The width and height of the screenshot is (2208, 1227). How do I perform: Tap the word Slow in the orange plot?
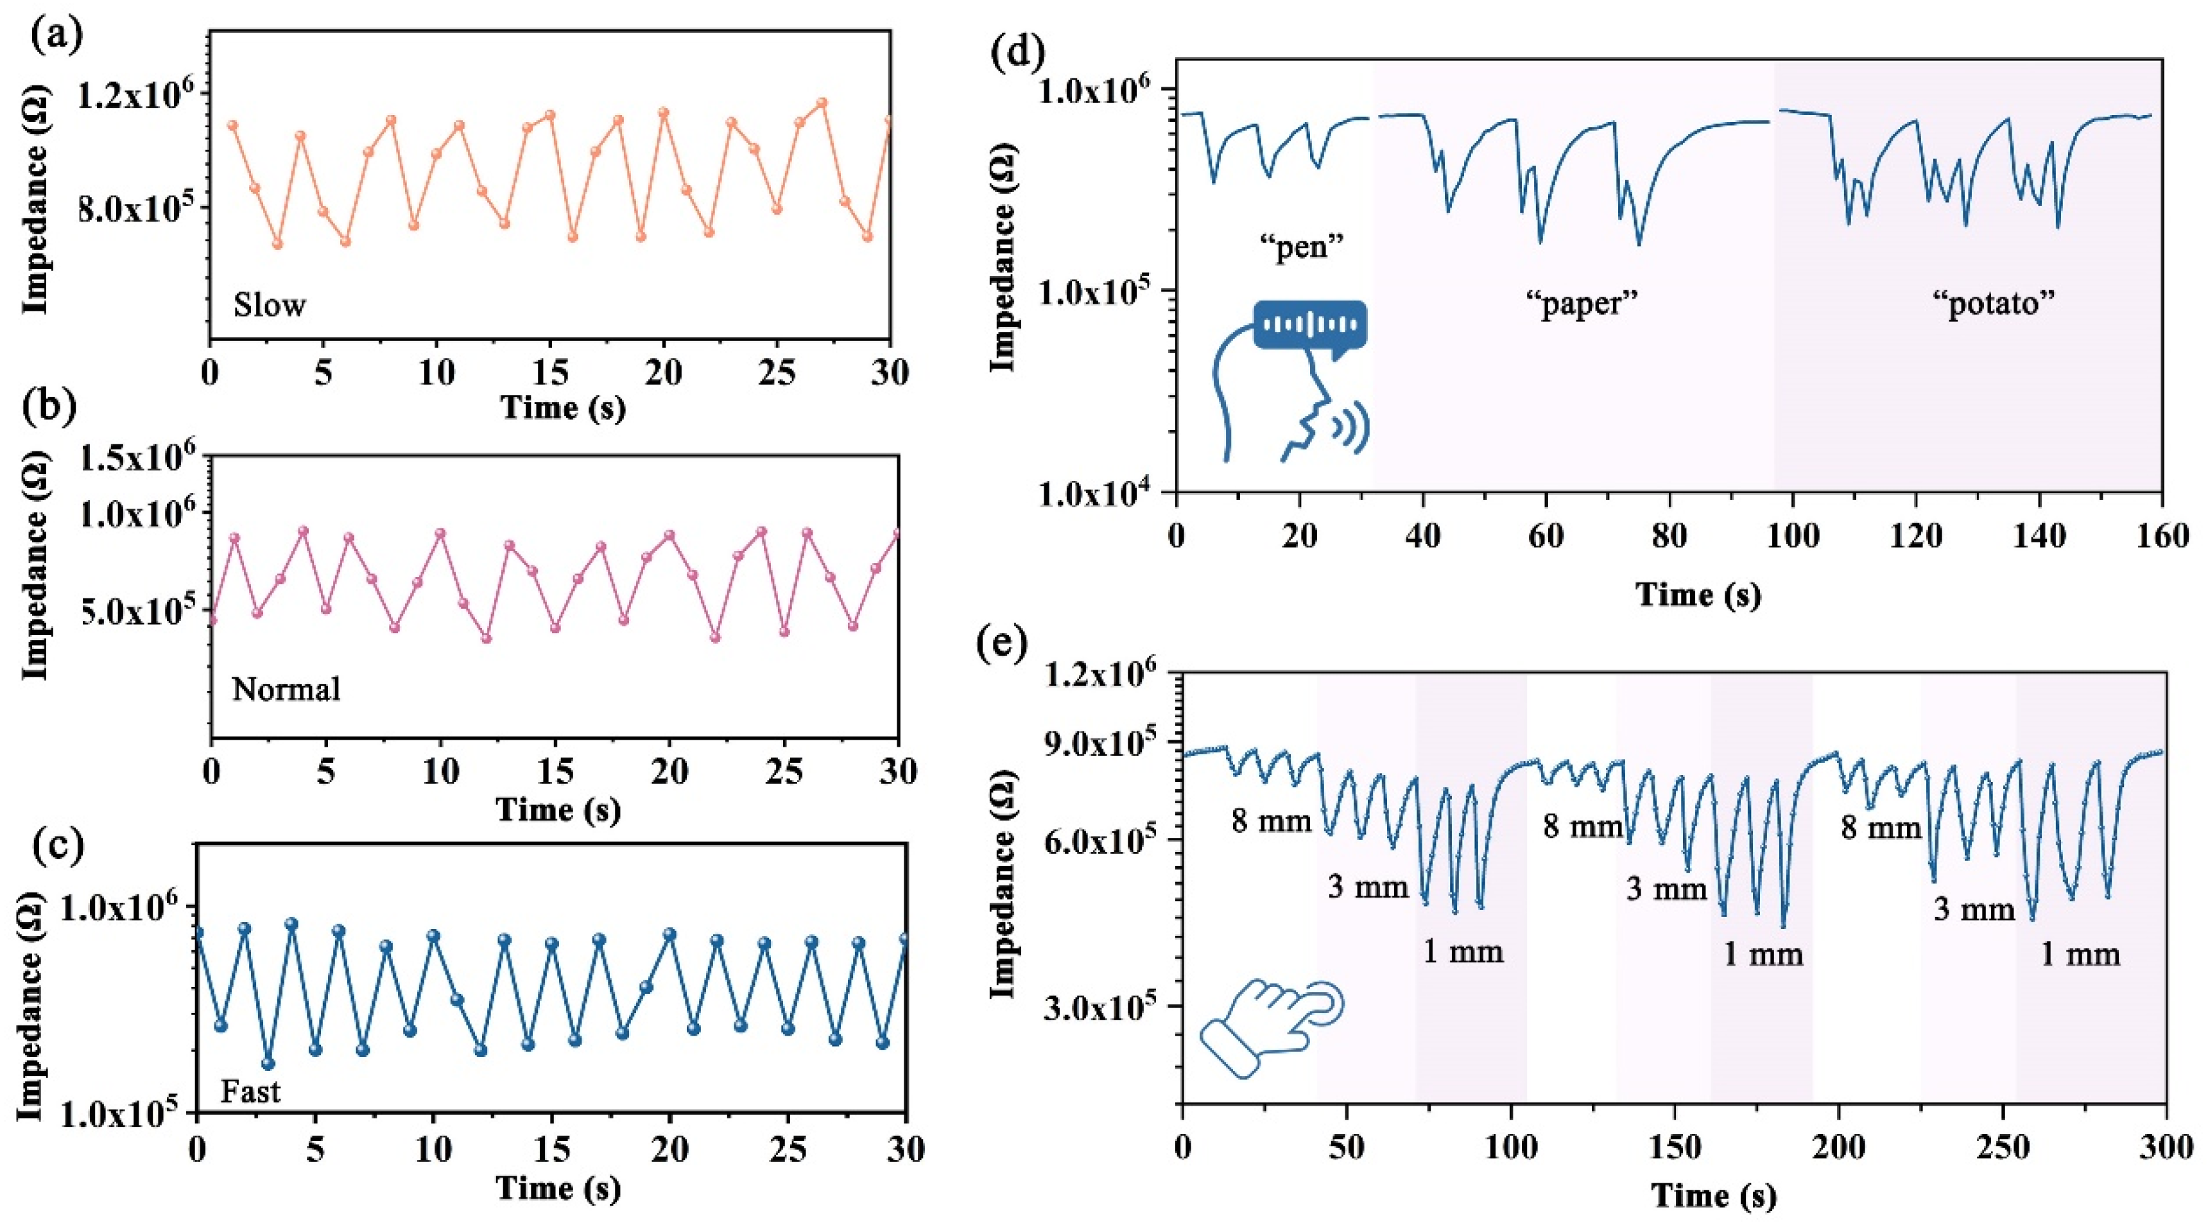coord(269,305)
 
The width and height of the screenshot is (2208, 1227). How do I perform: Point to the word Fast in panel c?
coord(250,1092)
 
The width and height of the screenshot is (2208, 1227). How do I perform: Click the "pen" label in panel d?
coord(1299,248)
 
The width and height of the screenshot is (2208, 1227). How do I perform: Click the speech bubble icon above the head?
coord(1309,326)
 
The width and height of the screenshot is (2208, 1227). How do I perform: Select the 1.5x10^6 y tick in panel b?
coord(137,458)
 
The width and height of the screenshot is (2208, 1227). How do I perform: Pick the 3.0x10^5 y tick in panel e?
coord(1106,1007)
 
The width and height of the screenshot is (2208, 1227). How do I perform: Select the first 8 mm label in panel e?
coord(1271,821)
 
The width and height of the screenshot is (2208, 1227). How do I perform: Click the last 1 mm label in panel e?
coord(2080,954)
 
